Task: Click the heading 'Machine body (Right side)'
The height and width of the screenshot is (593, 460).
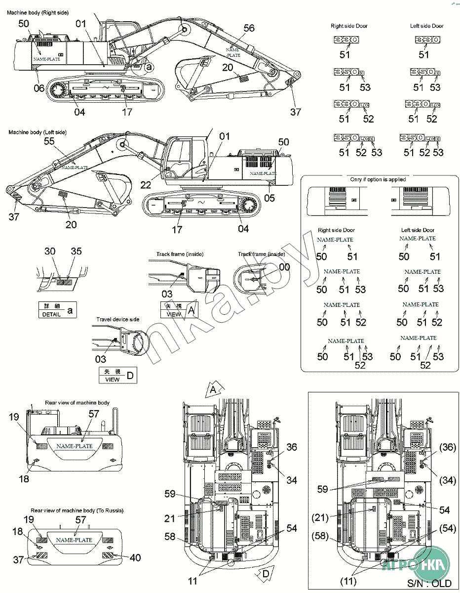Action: (38, 12)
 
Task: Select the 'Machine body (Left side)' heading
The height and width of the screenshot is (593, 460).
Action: (38, 132)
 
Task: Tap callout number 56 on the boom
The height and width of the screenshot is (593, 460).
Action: (249, 28)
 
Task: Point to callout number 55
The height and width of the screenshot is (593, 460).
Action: (49, 141)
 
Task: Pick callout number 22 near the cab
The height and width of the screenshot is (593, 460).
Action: (146, 184)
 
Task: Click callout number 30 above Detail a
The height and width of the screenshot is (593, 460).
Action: (50, 251)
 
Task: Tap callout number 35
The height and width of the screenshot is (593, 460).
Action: (76, 251)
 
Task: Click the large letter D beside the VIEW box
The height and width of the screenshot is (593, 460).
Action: (130, 376)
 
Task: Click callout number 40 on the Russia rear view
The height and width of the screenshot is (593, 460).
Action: (134, 557)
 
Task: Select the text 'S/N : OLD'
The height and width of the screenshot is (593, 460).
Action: (429, 583)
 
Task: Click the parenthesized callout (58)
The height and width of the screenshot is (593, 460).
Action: (321, 537)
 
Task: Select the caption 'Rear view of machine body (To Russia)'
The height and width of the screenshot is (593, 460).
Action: (77, 510)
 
